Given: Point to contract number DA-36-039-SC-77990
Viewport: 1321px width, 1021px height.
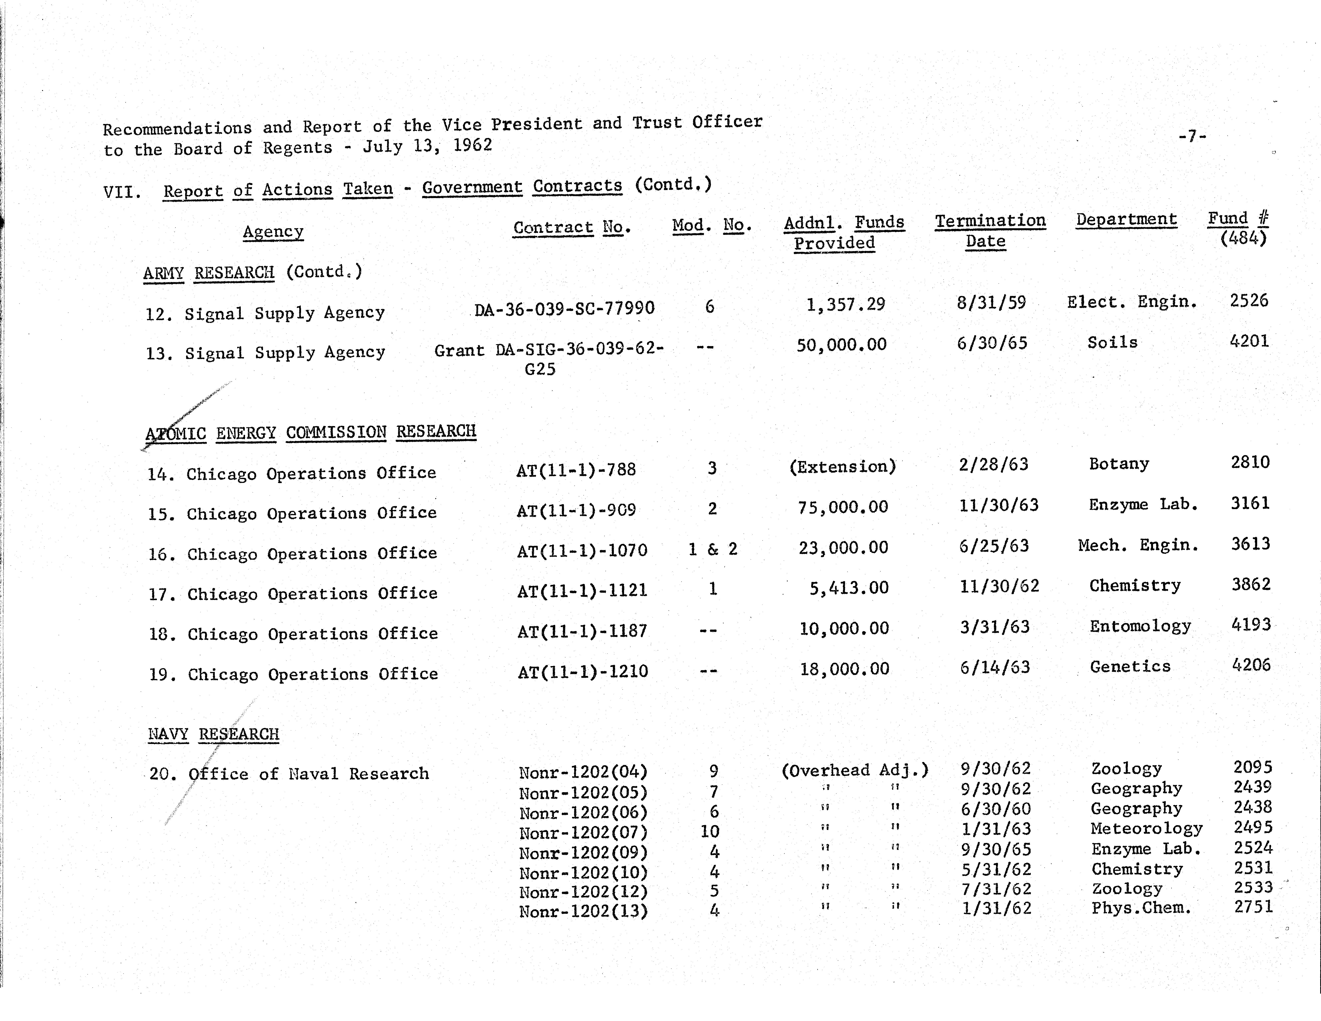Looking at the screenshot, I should click(x=564, y=309).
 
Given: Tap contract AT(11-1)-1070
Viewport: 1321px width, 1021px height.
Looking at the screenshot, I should click(x=582, y=550).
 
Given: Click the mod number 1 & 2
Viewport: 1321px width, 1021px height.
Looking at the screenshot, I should click(x=713, y=549).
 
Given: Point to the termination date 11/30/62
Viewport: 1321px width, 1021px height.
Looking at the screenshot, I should click(x=999, y=586).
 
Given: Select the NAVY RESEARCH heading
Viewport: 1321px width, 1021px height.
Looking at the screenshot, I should click(x=213, y=735).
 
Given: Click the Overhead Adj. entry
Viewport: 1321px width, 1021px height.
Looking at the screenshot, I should click(x=854, y=770).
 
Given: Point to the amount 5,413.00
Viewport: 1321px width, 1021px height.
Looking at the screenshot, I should click(x=849, y=588).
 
